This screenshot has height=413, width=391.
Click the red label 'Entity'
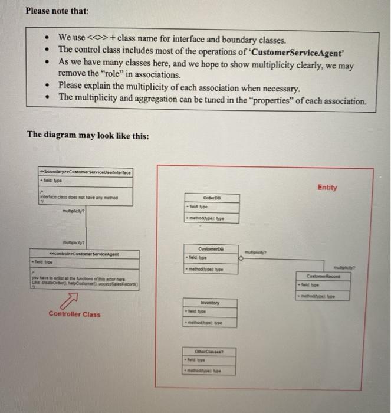tap(327, 188)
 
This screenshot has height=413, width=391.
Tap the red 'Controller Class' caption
tap(74, 314)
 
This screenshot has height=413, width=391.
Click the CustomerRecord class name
tap(324, 274)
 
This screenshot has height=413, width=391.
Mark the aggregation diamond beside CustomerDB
tap(242, 258)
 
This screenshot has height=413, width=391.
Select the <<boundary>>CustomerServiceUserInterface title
tap(86, 171)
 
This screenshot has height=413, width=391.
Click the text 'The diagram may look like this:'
tap(88, 136)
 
